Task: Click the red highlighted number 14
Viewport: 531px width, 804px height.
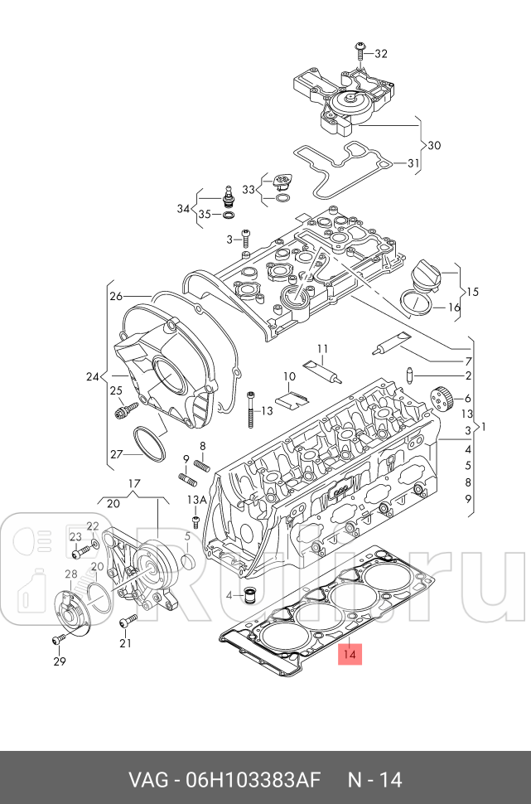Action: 350,654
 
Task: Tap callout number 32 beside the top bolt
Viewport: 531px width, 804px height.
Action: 380,54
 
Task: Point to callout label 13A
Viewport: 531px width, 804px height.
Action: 196,499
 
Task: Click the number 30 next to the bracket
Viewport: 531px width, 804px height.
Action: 433,145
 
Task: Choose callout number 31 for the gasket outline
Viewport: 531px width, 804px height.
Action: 413,163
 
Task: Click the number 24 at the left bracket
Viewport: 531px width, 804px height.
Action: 93,377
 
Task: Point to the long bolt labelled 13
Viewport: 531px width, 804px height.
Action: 249,410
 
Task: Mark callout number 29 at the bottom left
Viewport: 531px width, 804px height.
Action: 60,661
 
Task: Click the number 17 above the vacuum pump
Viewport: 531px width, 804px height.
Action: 134,483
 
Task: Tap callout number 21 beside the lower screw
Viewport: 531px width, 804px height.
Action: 126,643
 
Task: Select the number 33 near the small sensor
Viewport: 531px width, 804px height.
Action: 249,190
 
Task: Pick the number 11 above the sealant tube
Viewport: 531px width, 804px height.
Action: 321,347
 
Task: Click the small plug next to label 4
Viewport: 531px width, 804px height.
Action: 249,594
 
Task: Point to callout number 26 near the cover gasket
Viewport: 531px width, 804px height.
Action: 116,296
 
